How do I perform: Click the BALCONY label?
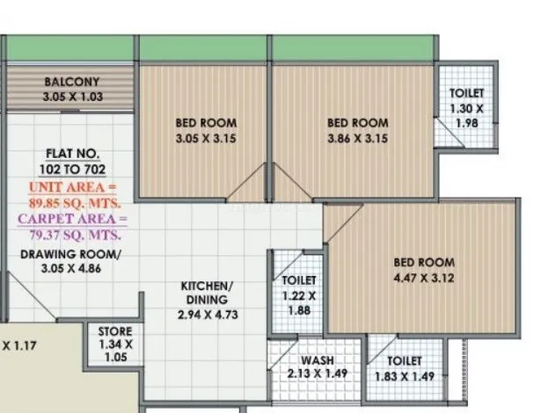pyautogui.click(x=72, y=82)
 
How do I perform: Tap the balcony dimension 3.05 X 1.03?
pyautogui.click(x=73, y=97)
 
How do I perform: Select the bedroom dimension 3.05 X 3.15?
pyautogui.click(x=206, y=139)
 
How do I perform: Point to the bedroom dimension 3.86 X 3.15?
pyautogui.click(x=358, y=139)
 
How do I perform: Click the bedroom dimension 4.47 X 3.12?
pyautogui.click(x=424, y=278)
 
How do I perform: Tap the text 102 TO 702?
pyautogui.click(x=72, y=170)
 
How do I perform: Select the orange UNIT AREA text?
pyautogui.click(x=72, y=187)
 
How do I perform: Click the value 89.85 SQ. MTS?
pyautogui.click(x=75, y=203)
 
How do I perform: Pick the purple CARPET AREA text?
pyautogui.click(x=72, y=220)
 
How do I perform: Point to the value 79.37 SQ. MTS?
pyautogui.click(x=75, y=235)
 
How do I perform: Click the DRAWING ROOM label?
pyautogui.click(x=70, y=255)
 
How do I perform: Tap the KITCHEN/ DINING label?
pyautogui.click(x=207, y=293)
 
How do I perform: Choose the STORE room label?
pyautogui.click(x=115, y=331)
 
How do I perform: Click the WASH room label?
pyautogui.click(x=318, y=360)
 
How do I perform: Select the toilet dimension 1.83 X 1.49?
pyautogui.click(x=405, y=376)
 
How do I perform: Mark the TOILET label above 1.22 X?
pyautogui.click(x=299, y=280)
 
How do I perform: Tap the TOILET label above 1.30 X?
pyautogui.click(x=467, y=93)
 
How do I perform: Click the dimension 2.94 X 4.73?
pyautogui.click(x=208, y=315)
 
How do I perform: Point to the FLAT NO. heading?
pyautogui.click(x=72, y=154)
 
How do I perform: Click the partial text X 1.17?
pyautogui.click(x=18, y=345)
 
